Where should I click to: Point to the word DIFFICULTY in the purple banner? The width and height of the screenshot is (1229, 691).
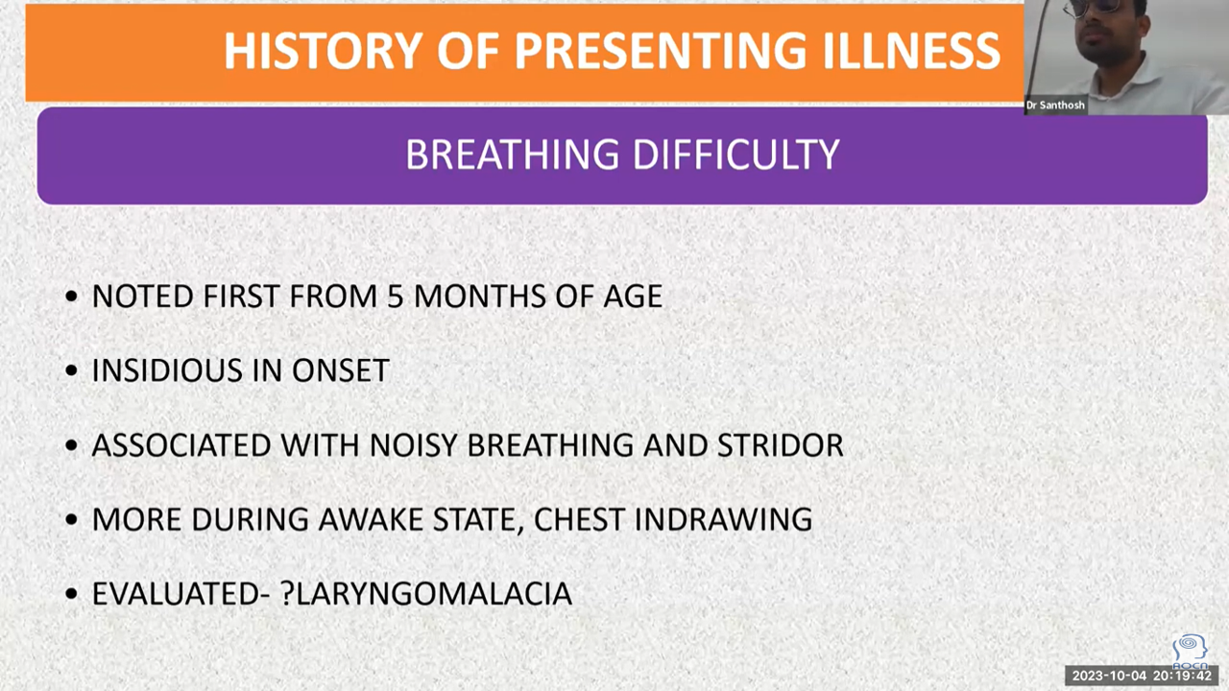736,155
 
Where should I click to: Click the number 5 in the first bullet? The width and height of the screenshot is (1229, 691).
395,297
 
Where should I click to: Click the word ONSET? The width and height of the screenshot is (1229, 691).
341,370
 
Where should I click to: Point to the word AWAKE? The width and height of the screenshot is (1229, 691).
371,519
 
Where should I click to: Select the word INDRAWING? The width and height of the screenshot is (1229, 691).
723,519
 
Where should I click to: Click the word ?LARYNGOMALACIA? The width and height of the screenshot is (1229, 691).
426,593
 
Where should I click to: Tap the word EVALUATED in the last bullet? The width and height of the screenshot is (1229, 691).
176,593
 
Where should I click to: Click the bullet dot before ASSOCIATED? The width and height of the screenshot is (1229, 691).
71,445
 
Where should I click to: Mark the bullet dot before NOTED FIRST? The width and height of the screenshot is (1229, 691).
71,297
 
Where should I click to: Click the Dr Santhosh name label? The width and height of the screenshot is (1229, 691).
1055,105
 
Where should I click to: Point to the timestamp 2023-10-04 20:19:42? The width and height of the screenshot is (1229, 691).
1142,676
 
